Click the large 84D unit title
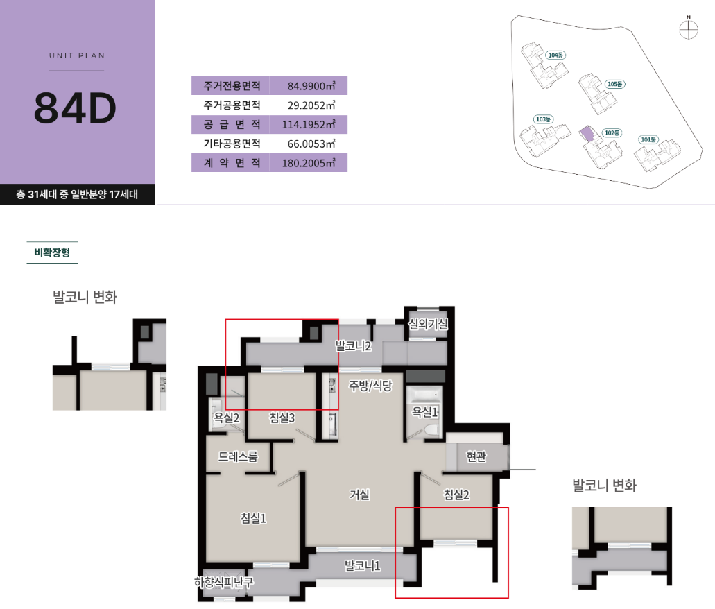coord(75,108)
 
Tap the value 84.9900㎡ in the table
coord(311,86)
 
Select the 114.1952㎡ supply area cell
coord(309,125)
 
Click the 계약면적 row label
coord(232,163)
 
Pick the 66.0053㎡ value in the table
coord(311,144)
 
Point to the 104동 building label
coord(556,55)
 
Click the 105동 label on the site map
coord(615,84)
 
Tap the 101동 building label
coord(648,139)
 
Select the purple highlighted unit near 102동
coord(587,134)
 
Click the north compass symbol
coord(689,28)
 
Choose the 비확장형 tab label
coord(52,252)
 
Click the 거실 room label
coord(359,495)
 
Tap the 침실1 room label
coord(253,517)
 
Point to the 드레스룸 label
coord(238,456)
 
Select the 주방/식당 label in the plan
coord(370,386)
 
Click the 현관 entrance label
coord(476,456)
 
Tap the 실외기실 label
coord(428,324)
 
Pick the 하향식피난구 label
coord(223,582)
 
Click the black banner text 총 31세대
coord(37,194)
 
